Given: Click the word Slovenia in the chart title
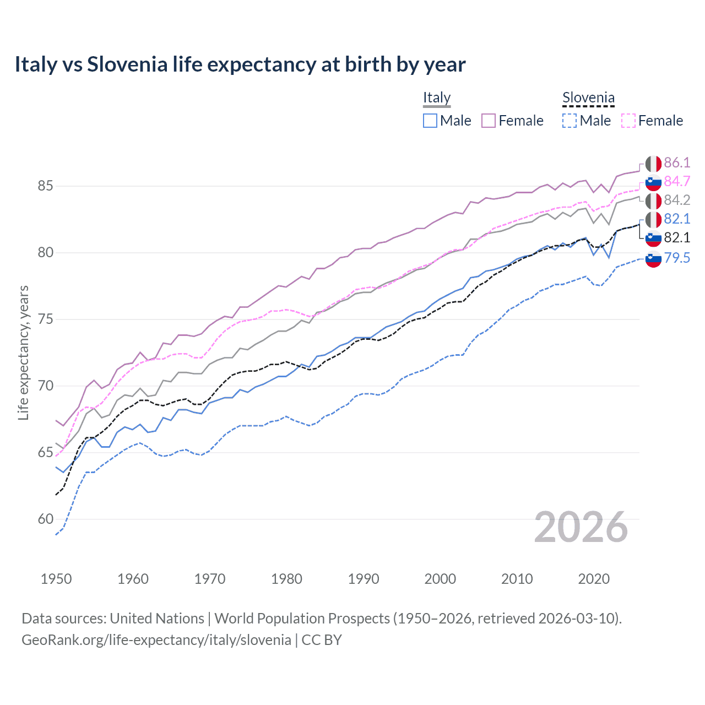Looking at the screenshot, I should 127,64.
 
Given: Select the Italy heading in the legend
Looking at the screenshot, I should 437,97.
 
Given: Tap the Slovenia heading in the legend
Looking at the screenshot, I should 588,97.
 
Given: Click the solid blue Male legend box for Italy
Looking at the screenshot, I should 430,121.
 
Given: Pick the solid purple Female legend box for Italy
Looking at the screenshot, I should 489,121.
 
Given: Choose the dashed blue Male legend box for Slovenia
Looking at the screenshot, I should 570,121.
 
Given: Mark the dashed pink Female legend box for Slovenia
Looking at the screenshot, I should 628,121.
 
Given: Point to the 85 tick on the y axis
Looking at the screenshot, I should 45,186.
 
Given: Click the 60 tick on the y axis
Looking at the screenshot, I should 45,519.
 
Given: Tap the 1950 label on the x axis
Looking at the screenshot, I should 56,579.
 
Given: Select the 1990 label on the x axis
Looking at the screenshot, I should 364,579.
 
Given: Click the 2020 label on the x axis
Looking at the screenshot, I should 594,579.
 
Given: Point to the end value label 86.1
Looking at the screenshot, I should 677,162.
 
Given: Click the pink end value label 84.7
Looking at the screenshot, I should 677,181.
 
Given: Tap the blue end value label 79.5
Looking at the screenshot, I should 677,258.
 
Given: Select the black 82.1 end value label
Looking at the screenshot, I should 677,237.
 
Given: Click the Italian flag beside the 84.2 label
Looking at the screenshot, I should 653,200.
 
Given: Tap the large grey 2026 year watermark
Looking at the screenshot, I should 581,527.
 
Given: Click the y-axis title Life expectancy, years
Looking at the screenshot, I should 24,352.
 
